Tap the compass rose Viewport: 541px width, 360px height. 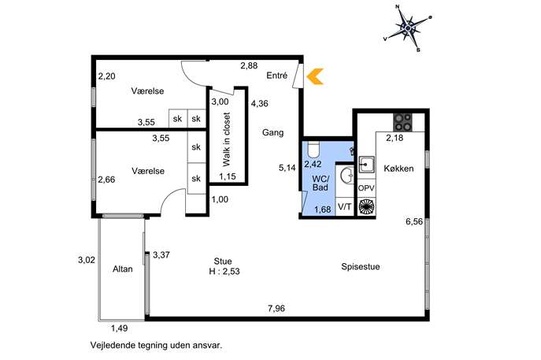pyautogui.click(x=408, y=28)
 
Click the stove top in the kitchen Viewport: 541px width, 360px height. pyautogui.click(x=402, y=122)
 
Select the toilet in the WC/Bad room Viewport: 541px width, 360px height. pyautogui.click(x=313, y=149)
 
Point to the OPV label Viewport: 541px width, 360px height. pyautogui.click(x=366, y=188)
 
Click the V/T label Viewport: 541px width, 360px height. pyautogui.click(x=344, y=206)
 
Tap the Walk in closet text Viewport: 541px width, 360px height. pyautogui.click(x=226, y=139)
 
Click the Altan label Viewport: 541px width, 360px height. pyautogui.click(x=123, y=269)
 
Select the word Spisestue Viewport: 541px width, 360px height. pyautogui.click(x=361, y=267)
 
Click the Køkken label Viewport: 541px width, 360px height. pyautogui.click(x=398, y=169)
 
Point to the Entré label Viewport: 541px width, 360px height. pyautogui.click(x=276, y=76)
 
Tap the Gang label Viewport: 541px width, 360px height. pyautogui.click(x=273, y=132)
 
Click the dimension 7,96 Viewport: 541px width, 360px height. pyautogui.click(x=276, y=308)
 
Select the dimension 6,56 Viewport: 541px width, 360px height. pyautogui.click(x=414, y=221)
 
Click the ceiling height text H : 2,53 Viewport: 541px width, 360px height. pyautogui.click(x=224, y=271)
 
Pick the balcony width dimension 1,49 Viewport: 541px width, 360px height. pyautogui.click(x=120, y=328)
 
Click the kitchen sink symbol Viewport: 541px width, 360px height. pyautogui.click(x=366, y=165)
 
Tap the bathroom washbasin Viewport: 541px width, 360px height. pyautogui.click(x=347, y=176)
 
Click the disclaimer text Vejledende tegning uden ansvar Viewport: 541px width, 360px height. pyautogui.click(x=156, y=345)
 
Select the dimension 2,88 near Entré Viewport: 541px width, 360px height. pyautogui.click(x=249, y=65)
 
